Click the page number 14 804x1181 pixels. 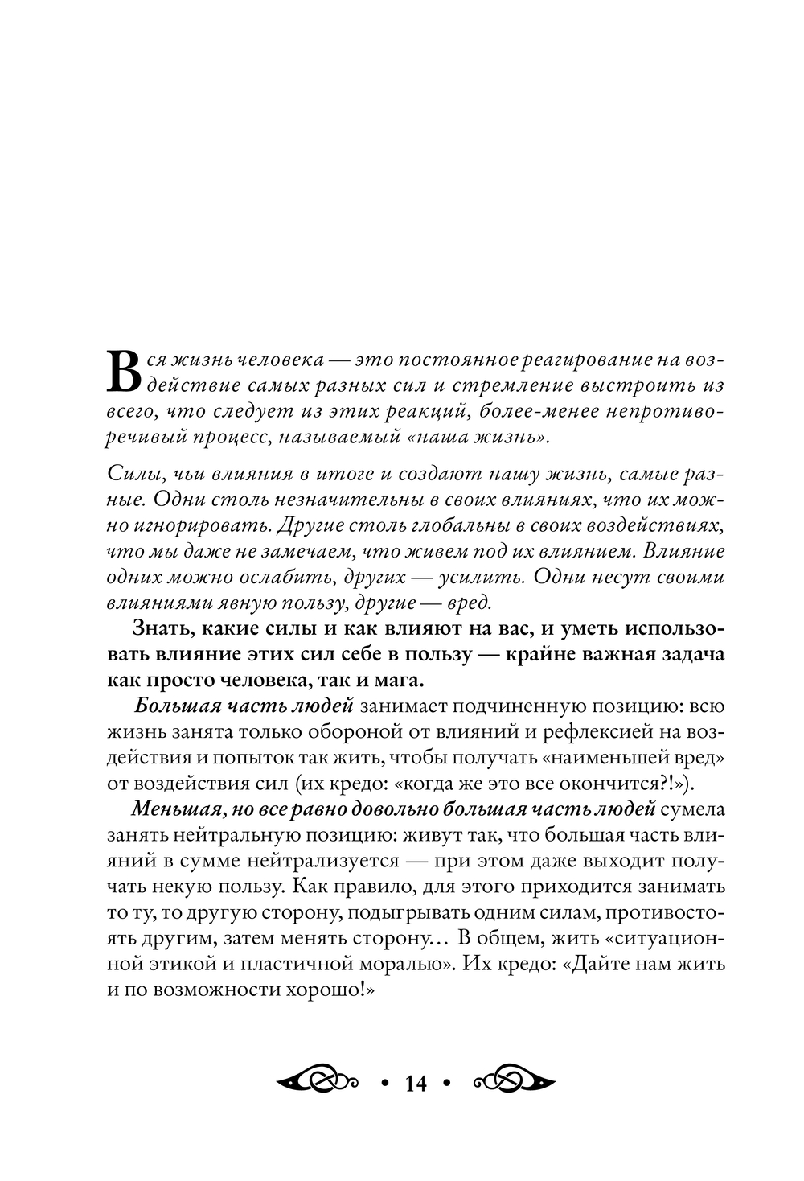(x=416, y=1083)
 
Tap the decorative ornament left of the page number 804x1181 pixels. (x=316, y=1081)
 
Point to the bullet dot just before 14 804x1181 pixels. (x=384, y=1083)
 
